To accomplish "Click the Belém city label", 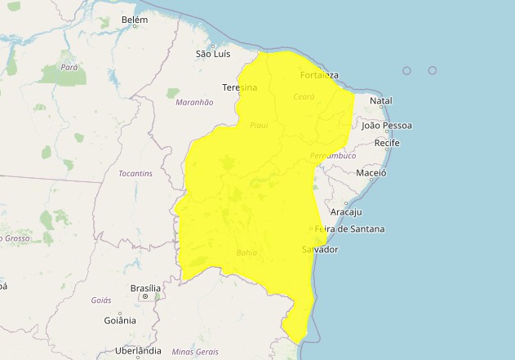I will [x=135, y=20].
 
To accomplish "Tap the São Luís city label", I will [x=213, y=54].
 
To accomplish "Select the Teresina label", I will [x=239, y=87].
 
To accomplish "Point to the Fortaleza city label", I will [x=319, y=76].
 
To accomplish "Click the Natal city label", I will [x=381, y=101].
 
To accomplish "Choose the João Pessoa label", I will [x=387, y=126].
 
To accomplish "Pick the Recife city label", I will [x=387, y=144].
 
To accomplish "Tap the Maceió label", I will [x=371, y=173].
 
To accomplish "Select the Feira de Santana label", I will [x=349, y=229].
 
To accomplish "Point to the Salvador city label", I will [x=320, y=249].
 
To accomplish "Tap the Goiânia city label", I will [x=120, y=321].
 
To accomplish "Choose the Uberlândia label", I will [x=139, y=351].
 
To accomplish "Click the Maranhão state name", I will [x=194, y=102].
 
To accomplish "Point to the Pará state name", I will [x=69, y=68].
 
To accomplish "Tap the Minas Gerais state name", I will [x=195, y=352].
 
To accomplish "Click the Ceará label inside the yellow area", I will [x=304, y=96].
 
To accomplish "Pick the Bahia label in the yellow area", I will [x=246, y=253].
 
